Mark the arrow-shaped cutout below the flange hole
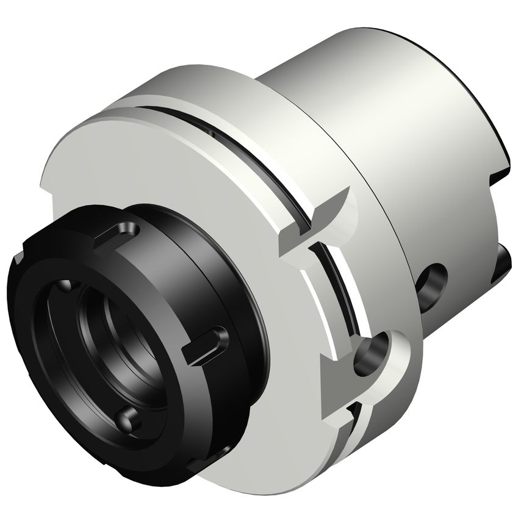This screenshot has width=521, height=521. click(332, 381)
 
